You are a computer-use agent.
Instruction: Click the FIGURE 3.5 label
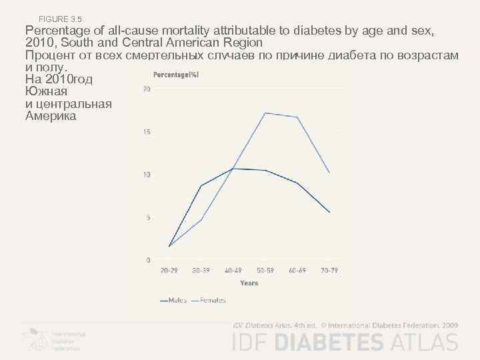point(61,18)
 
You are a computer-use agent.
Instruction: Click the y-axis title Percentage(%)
point(176,74)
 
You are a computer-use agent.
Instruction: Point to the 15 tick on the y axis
point(147,132)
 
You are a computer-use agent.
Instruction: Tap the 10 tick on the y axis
point(147,175)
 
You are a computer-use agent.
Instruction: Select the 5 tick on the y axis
point(148,217)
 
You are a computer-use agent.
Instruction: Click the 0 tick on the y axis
point(148,260)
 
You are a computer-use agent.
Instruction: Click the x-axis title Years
point(249,283)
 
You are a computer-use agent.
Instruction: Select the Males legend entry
point(173,301)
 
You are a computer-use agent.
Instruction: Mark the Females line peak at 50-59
point(265,113)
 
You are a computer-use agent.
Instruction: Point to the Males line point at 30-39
point(201,185)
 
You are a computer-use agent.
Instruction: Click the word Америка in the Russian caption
point(50,116)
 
